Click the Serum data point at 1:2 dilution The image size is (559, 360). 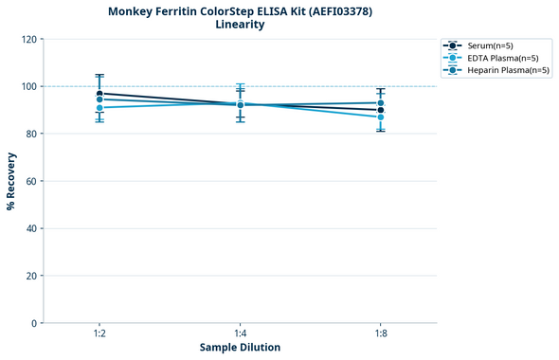click(99, 94)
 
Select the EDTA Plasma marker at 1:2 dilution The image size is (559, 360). click(99, 108)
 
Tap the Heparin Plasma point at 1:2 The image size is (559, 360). click(99, 99)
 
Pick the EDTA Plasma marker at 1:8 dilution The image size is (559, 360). click(381, 117)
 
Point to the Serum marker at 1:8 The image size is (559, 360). click(381, 110)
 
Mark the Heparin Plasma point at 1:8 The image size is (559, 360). click(381, 102)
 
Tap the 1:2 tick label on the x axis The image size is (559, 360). click(99, 333)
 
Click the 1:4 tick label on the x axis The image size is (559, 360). click(240, 333)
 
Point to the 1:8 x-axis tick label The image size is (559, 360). click(381, 333)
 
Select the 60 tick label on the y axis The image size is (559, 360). click(31, 181)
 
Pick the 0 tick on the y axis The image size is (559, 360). click(34, 323)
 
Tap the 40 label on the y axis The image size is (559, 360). click(31, 228)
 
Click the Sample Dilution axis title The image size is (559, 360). click(240, 348)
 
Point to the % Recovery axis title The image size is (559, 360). click(11, 181)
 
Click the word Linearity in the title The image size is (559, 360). click(240, 25)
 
